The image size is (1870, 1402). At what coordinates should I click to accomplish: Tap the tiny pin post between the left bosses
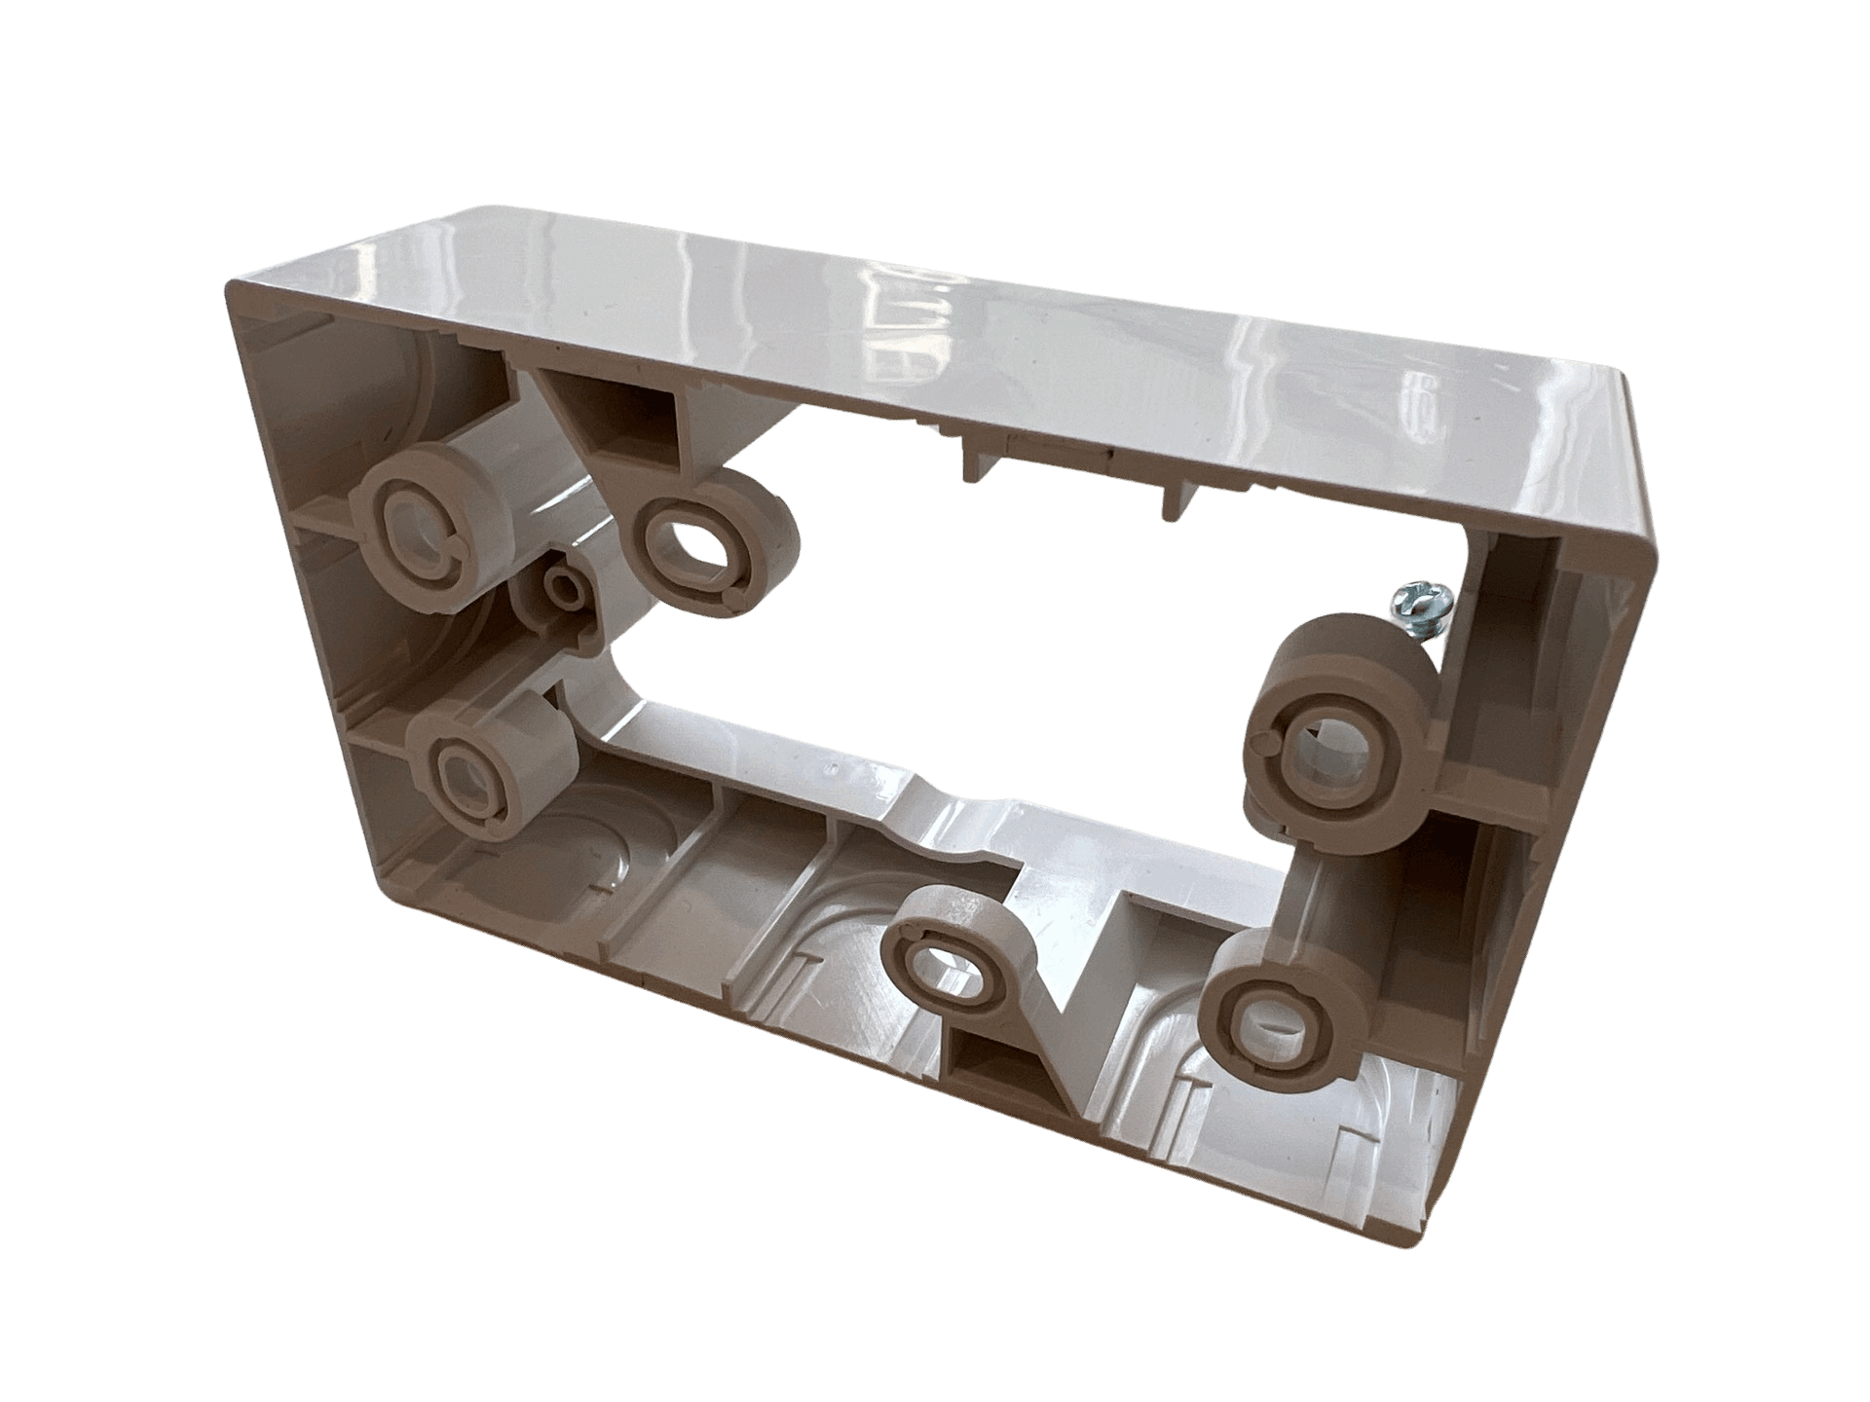click(563, 587)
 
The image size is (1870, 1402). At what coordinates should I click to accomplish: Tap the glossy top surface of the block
click(974, 321)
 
